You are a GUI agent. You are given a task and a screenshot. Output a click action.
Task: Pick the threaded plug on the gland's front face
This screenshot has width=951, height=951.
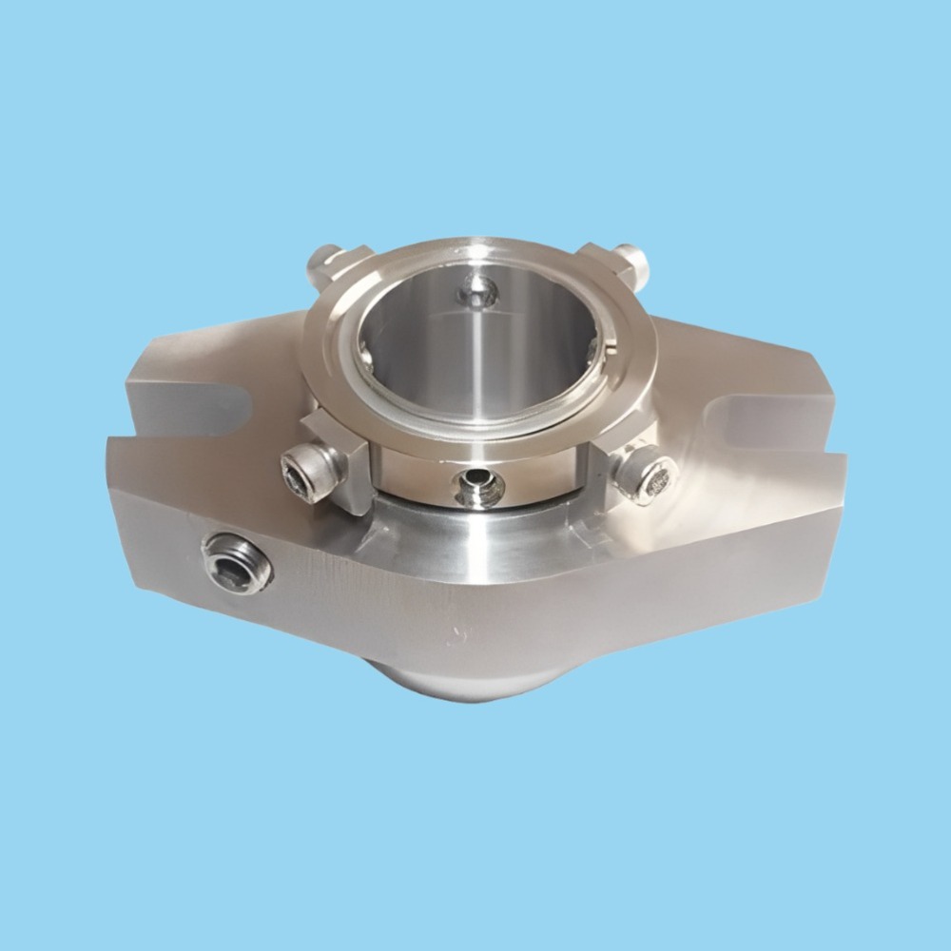pyautogui.click(x=237, y=562)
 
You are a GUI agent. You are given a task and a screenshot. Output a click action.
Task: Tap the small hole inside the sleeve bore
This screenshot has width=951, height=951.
pyautogui.click(x=475, y=291)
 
